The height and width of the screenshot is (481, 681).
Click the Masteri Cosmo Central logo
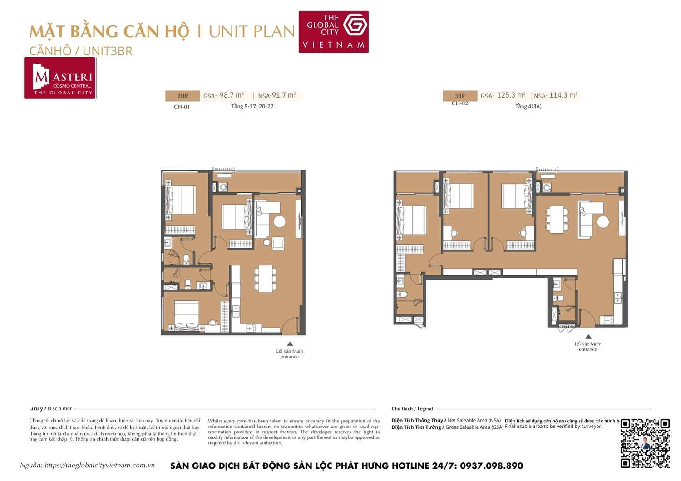tap(60, 78)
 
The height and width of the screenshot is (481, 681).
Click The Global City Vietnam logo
tap(333, 32)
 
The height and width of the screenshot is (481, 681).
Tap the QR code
tap(645, 443)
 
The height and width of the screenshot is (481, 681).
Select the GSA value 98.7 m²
tap(232, 95)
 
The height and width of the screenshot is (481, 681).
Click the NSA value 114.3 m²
tap(563, 95)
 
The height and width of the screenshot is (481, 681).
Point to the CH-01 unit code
tap(182, 107)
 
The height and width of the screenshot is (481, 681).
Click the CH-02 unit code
tap(459, 103)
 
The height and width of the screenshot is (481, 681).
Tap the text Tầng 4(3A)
tap(528, 107)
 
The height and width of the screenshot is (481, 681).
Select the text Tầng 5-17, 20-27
tap(252, 107)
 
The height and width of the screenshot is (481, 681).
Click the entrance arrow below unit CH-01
tap(290, 344)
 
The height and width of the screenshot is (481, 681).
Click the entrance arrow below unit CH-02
tap(588, 337)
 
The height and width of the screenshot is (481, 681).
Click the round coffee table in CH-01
tap(279, 221)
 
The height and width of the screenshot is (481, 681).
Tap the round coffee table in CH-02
tap(602, 222)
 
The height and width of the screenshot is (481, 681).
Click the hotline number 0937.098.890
tap(491, 466)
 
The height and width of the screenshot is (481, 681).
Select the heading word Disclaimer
tap(59, 408)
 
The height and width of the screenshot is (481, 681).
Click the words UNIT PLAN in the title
tap(252, 32)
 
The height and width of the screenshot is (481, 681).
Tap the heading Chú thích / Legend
tap(412, 408)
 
